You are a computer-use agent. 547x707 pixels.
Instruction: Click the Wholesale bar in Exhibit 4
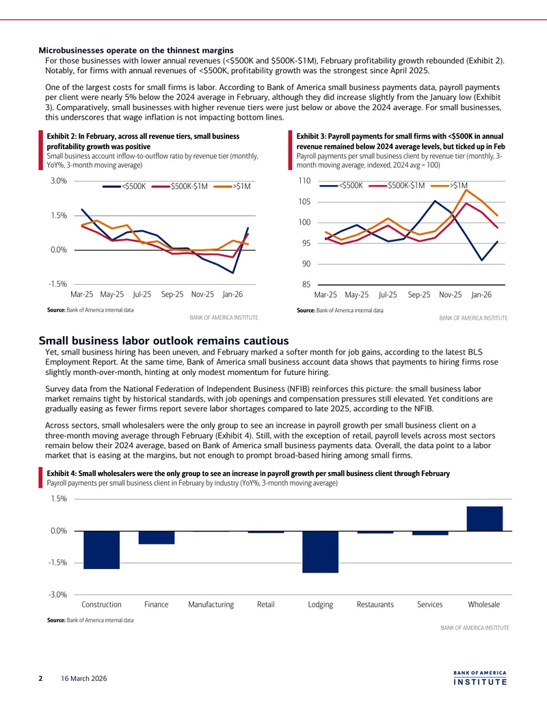[484, 518]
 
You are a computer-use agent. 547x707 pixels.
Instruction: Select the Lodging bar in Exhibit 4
[321, 552]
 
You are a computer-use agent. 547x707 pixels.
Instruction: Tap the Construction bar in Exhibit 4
[102, 550]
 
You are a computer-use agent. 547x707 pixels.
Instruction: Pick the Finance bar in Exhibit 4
[156, 538]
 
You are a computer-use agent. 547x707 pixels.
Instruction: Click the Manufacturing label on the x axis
[211, 605]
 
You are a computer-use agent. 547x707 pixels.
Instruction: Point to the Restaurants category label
[375, 605]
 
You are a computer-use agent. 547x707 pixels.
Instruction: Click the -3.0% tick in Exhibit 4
[58, 595]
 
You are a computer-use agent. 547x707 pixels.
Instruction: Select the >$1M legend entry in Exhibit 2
[232, 186]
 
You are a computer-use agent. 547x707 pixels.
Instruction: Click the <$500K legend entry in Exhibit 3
[341, 185]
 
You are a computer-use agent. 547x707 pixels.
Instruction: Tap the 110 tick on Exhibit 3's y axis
[305, 181]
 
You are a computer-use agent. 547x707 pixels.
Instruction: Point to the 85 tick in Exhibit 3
[306, 285]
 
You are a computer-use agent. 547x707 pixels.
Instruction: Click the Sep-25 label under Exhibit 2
[172, 294]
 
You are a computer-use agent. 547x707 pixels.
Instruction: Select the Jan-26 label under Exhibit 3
[481, 295]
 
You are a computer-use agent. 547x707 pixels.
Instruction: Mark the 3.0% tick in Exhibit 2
[59, 181]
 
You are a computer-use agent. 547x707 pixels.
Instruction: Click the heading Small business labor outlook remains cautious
[164, 340]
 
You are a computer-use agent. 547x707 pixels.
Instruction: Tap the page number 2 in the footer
[40, 678]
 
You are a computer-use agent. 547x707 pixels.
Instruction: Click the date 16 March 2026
[84, 678]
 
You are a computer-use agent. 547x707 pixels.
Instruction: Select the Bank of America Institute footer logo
[480, 678]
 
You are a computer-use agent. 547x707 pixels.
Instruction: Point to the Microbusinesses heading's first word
[71, 51]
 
